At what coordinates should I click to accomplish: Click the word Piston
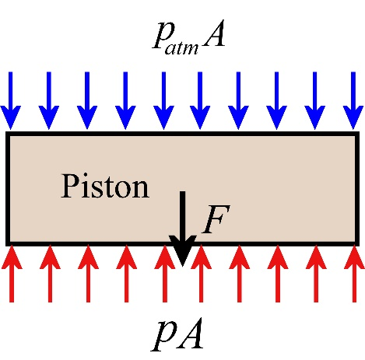[x=105, y=187]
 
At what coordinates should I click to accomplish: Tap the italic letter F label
[x=216, y=219]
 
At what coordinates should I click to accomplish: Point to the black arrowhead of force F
[x=183, y=251]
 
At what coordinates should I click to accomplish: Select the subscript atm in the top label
[x=181, y=47]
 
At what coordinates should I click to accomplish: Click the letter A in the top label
[x=213, y=34]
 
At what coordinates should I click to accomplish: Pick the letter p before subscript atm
[x=161, y=37]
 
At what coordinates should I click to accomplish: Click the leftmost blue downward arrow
[x=11, y=100]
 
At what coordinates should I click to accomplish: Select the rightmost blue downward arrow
[x=353, y=100]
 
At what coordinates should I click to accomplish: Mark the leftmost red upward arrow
[x=12, y=273]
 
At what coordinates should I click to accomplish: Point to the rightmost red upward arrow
[x=354, y=273]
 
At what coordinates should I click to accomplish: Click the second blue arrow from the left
[x=49, y=100]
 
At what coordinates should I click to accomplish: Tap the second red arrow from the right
[x=316, y=273]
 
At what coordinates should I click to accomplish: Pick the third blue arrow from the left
[x=87, y=100]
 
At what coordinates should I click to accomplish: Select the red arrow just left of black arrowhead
[x=164, y=273]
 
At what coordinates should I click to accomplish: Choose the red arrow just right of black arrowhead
[x=201, y=273]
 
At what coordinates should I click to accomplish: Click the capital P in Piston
[x=69, y=186]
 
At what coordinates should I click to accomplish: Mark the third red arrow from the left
[x=88, y=273]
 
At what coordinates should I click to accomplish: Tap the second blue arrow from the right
[x=315, y=100]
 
